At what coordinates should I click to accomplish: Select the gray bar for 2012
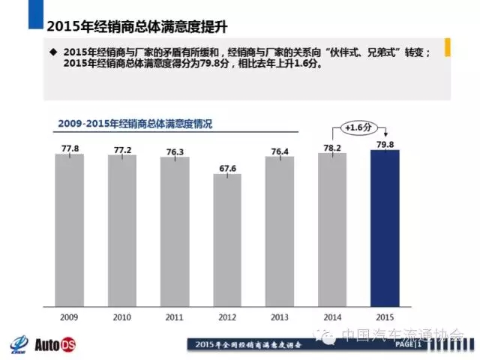click(x=227, y=239)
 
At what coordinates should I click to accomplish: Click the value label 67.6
click(x=227, y=168)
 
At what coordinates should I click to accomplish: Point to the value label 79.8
click(x=385, y=144)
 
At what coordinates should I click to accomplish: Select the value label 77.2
click(x=122, y=150)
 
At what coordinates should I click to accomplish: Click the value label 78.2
click(x=332, y=147)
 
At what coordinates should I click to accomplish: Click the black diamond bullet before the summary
click(x=52, y=52)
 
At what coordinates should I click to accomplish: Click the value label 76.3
click(x=175, y=151)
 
